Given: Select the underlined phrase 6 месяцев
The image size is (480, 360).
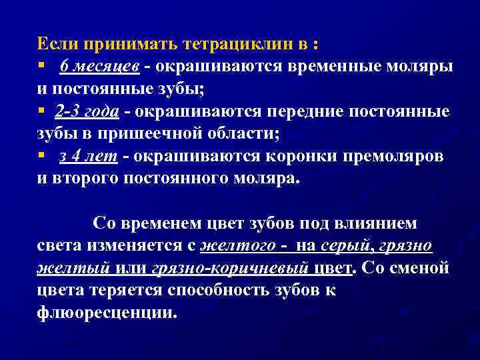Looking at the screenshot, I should tap(99, 67).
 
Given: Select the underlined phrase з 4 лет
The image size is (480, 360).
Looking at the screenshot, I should tap(88, 157).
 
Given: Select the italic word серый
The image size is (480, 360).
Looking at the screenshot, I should tap(346, 246).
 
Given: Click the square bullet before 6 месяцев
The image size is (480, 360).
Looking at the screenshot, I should tap(41, 67).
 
